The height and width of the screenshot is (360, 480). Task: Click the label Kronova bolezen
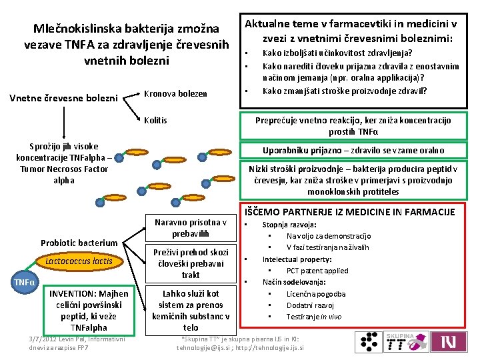pos(175,93)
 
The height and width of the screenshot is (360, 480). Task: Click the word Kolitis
pos(156,121)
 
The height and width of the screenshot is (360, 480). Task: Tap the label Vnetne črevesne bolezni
pos(63,99)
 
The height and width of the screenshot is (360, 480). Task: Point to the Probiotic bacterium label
pos(79,243)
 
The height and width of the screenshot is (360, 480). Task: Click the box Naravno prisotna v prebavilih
pos(191,228)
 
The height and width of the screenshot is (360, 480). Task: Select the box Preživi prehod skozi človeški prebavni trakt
pos(191,263)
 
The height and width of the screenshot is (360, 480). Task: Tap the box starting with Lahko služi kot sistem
pos(191,310)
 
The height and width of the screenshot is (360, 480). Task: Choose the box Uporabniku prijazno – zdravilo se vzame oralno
pos(353,150)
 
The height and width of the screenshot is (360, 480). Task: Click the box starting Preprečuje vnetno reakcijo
pos(353,125)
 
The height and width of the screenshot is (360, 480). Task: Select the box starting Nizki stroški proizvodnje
pos(353,180)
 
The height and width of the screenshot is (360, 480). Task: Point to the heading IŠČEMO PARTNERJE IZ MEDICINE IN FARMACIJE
pos(351,211)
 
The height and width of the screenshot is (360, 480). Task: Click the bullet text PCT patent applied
pos(317,271)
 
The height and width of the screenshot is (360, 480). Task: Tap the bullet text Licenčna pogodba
pos(316,293)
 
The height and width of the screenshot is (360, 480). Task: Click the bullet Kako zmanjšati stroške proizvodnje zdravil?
pos(345,91)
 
